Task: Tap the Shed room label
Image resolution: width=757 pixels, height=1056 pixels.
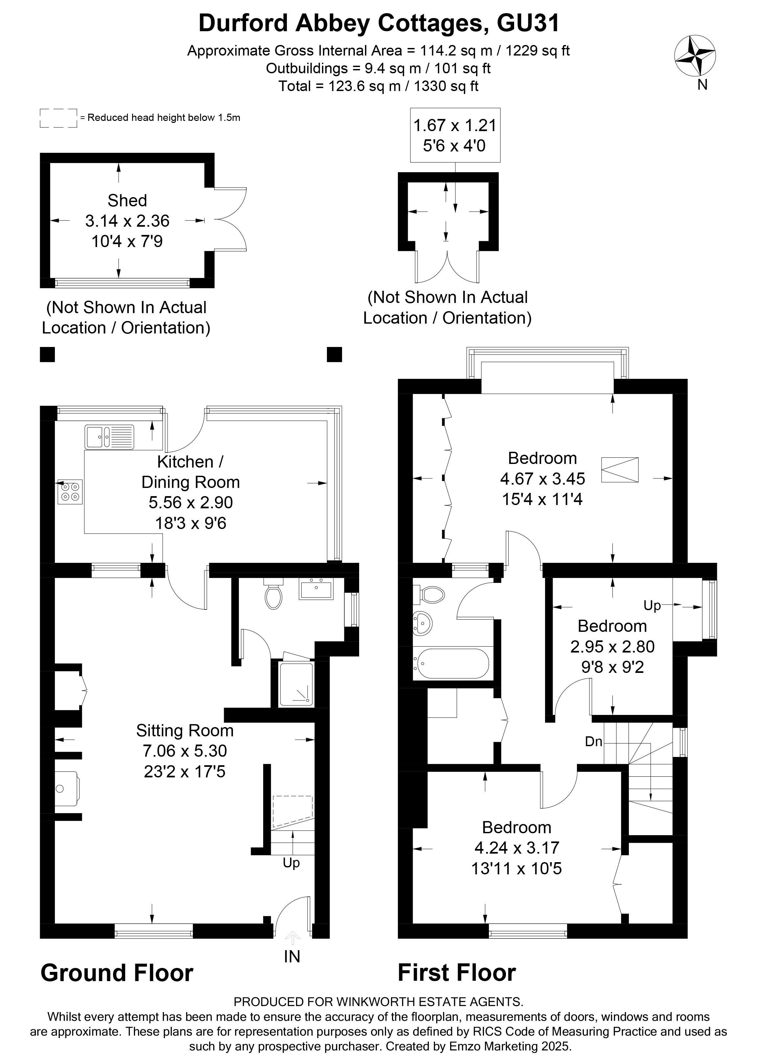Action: tap(127, 201)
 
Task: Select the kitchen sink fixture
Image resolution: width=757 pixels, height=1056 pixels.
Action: tap(109, 437)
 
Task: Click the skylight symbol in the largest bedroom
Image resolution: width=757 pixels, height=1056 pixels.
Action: tap(619, 470)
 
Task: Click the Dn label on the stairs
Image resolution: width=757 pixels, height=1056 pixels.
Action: tap(594, 741)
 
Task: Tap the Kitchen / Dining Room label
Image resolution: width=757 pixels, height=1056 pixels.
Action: tap(191, 472)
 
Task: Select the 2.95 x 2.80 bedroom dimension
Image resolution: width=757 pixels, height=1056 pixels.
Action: tap(612, 647)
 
